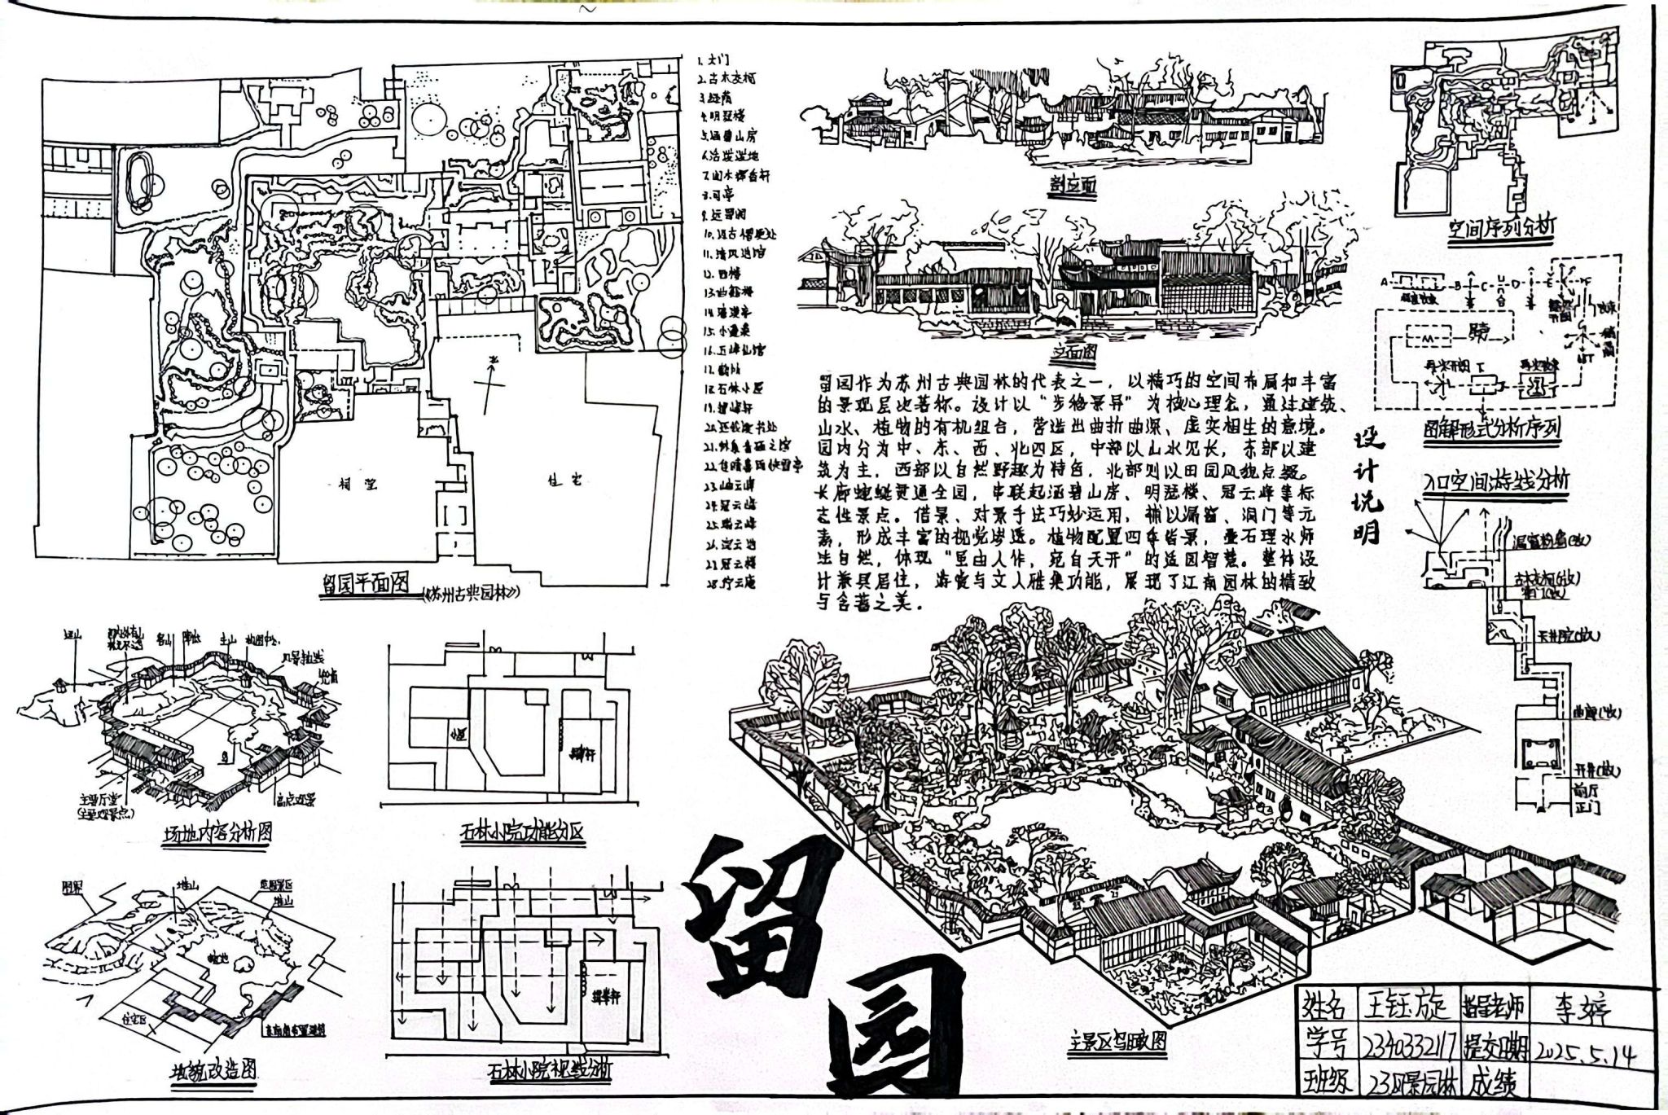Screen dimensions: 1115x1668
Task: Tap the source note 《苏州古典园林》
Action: [x=472, y=593]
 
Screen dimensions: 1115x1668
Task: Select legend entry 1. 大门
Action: [x=714, y=60]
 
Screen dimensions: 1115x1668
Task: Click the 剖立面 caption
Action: [x=1073, y=185]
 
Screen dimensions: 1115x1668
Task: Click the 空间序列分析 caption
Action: [x=1500, y=229]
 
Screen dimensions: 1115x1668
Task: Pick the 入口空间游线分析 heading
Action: [x=1495, y=481]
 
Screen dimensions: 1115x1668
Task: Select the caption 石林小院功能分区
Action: [x=521, y=832]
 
